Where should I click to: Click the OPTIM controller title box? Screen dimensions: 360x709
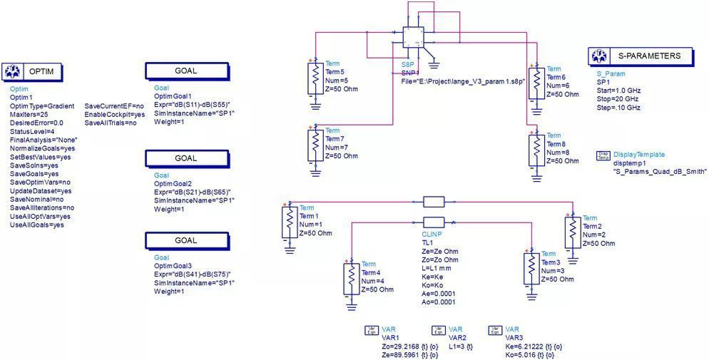[33, 71]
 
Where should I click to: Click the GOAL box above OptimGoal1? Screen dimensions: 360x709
[190, 71]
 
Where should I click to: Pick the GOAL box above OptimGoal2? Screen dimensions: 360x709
[190, 158]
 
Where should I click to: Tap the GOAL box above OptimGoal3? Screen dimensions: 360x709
[190, 240]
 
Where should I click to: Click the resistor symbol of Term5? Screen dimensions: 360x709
[315, 78]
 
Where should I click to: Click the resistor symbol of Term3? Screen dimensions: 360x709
[531, 268]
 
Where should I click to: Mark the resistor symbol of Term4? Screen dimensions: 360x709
[351, 279]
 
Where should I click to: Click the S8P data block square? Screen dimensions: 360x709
[414, 38]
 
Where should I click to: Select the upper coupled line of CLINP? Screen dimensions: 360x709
[434, 202]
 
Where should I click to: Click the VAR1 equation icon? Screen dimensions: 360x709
[372, 331]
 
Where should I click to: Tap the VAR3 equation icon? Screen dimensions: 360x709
[494, 331]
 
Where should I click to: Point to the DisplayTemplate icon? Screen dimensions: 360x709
[603, 156]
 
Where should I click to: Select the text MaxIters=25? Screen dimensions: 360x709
[29, 114]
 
